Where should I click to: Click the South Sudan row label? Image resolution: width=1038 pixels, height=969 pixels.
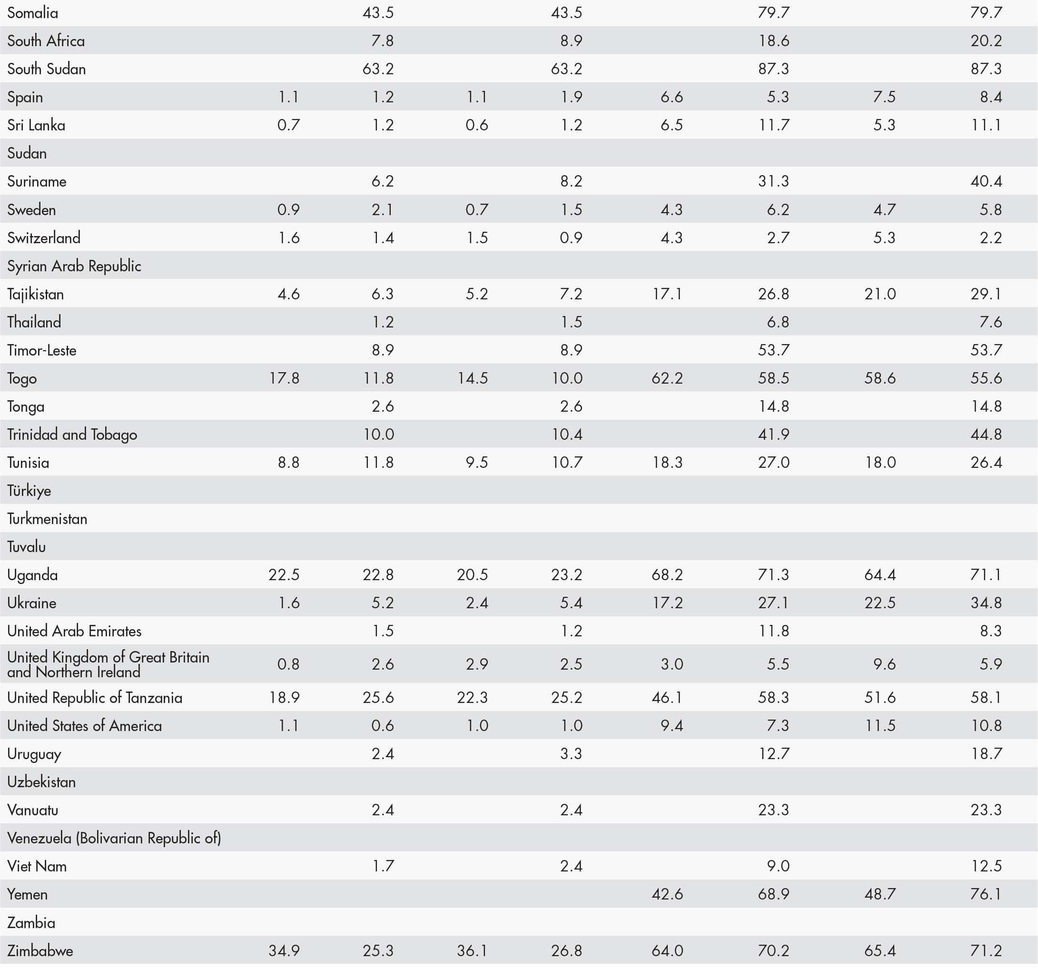point(47,69)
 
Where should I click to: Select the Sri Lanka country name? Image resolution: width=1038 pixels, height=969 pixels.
point(36,125)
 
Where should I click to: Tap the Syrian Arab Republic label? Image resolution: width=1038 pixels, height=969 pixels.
point(74,266)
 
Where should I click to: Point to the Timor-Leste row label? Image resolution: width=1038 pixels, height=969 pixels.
point(42,350)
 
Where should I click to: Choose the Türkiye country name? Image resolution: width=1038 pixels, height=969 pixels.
point(29,491)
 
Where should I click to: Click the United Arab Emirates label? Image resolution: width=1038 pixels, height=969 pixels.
point(74,631)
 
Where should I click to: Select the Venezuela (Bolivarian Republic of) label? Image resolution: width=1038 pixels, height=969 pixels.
point(114,838)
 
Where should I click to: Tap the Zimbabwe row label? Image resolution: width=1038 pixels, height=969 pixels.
point(40,951)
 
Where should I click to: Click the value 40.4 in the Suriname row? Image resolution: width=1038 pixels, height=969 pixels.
point(986,182)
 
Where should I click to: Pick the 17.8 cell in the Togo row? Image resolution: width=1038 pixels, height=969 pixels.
point(284,378)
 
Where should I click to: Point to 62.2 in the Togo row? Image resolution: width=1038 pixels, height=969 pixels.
point(667,378)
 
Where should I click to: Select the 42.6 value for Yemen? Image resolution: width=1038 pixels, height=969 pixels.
point(667,894)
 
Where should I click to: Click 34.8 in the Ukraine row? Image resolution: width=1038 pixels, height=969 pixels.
point(986,603)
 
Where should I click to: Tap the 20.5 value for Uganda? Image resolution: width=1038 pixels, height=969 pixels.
point(472,575)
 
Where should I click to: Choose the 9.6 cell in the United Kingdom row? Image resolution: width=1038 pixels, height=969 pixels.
point(884,664)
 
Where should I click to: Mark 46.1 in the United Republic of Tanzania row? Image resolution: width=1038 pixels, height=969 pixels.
point(667,698)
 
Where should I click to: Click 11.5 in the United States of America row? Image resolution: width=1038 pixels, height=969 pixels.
point(880,726)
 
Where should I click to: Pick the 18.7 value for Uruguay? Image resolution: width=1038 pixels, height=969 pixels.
point(986,754)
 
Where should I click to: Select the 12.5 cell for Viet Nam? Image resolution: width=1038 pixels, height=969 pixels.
point(986,866)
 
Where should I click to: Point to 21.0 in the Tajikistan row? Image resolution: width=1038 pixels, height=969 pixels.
point(880,294)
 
